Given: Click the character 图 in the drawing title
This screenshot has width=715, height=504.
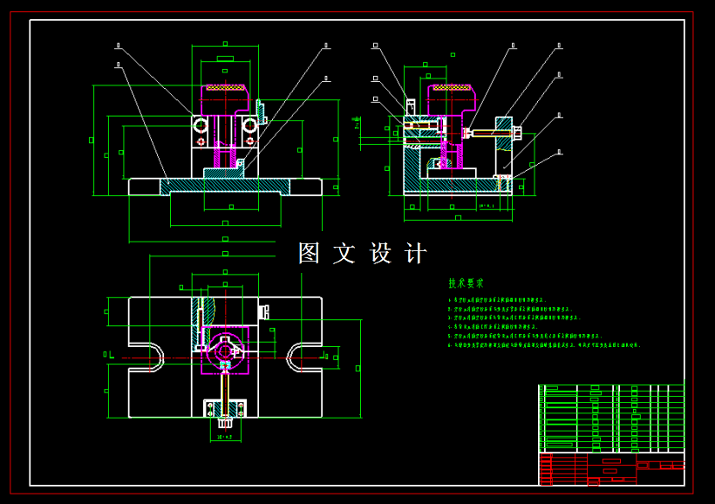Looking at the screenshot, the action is [310, 254].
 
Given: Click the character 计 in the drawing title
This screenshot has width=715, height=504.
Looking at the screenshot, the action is [416, 254].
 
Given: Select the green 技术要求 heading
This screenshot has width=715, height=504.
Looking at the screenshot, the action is [466, 283].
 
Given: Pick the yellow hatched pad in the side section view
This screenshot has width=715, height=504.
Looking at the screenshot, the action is [452, 87].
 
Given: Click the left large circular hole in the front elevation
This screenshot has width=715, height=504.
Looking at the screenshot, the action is [201, 126].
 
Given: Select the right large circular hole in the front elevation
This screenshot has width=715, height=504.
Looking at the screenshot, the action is [250, 126].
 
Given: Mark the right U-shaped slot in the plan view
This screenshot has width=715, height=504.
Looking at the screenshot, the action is [303, 357].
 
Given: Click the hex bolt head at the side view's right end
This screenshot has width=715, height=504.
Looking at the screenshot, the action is [517, 133].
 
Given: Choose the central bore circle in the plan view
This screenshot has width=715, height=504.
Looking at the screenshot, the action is [225, 351].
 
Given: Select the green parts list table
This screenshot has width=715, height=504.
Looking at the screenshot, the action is [610, 418].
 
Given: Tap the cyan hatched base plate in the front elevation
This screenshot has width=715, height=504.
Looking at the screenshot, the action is [224, 186].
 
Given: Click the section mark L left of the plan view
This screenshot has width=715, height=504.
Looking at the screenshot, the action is [112, 354].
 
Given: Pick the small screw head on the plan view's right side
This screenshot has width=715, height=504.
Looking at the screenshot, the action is [264, 310].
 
